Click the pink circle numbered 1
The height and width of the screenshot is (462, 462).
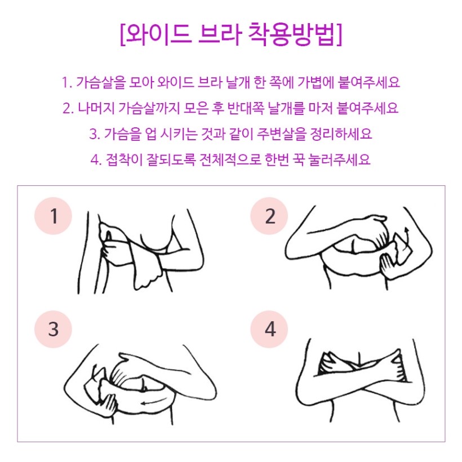click(54, 216)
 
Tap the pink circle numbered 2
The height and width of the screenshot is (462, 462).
click(269, 216)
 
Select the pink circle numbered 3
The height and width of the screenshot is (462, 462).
click(54, 329)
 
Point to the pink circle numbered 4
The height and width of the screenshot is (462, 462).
click(269, 329)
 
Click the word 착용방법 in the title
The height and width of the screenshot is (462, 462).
click(292, 34)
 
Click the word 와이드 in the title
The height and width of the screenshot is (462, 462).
click(158, 34)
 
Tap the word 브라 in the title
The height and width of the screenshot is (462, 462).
click(219, 34)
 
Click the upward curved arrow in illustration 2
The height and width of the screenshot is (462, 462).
click(407, 237)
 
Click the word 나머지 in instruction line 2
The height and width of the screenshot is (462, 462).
click(96, 108)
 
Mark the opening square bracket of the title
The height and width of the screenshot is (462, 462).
click(123, 34)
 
